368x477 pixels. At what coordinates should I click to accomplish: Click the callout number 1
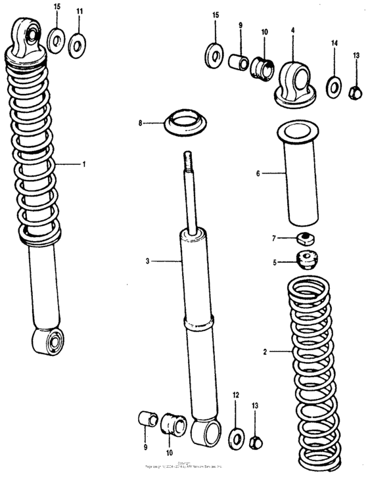[83, 164]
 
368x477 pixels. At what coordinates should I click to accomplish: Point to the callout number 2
[265, 352]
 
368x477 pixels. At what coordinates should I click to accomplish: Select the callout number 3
[148, 261]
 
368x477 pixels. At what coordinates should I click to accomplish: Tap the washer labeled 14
[334, 86]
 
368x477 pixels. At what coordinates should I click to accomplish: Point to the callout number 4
[292, 30]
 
